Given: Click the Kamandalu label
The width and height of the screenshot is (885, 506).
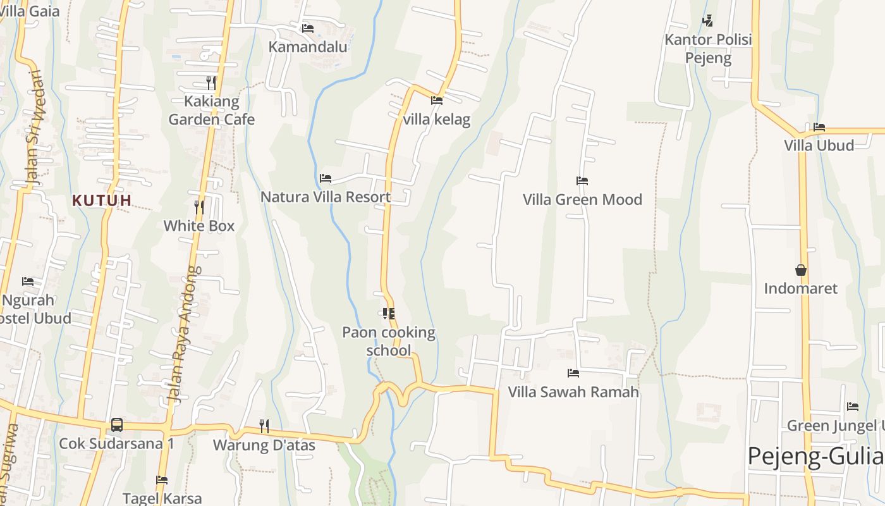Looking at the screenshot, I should (x=308, y=47).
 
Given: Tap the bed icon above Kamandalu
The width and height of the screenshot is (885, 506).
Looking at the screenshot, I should (x=308, y=28).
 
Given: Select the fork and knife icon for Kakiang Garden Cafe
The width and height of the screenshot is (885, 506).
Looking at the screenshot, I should (x=211, y=83).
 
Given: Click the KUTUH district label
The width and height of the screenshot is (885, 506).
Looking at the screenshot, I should (x=102, y=201).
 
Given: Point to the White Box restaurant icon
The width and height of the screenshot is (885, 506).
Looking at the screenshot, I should (x=199, y=207).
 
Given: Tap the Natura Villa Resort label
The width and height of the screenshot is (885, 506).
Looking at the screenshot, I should (x=326, y=197).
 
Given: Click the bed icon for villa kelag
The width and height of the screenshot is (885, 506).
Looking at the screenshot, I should (x=437, y=100).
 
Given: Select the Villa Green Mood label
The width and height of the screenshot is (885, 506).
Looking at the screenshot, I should (x=582, y=200).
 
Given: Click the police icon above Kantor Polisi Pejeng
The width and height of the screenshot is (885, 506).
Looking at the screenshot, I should (x=708, y=21).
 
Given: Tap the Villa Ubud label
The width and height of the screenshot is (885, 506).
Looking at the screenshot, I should (x=819, y=145).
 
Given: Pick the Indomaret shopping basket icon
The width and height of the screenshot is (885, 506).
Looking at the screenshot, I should (x=801, y=270).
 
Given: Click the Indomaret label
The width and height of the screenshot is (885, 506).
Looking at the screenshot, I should (x=800, y=289).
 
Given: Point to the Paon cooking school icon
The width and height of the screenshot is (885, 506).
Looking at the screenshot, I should (x=388, y=314).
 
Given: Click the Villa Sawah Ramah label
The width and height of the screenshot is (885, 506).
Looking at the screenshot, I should (x=573, y=392).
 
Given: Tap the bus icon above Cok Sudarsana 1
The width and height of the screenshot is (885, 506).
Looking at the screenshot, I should (x=117, y=425).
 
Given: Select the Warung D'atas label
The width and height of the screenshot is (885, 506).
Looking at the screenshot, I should (x=264, y=445).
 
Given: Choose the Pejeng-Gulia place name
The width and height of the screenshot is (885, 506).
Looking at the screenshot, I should (x=815, y=456).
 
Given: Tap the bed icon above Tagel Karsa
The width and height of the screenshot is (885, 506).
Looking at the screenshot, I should (x=162, y=480).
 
